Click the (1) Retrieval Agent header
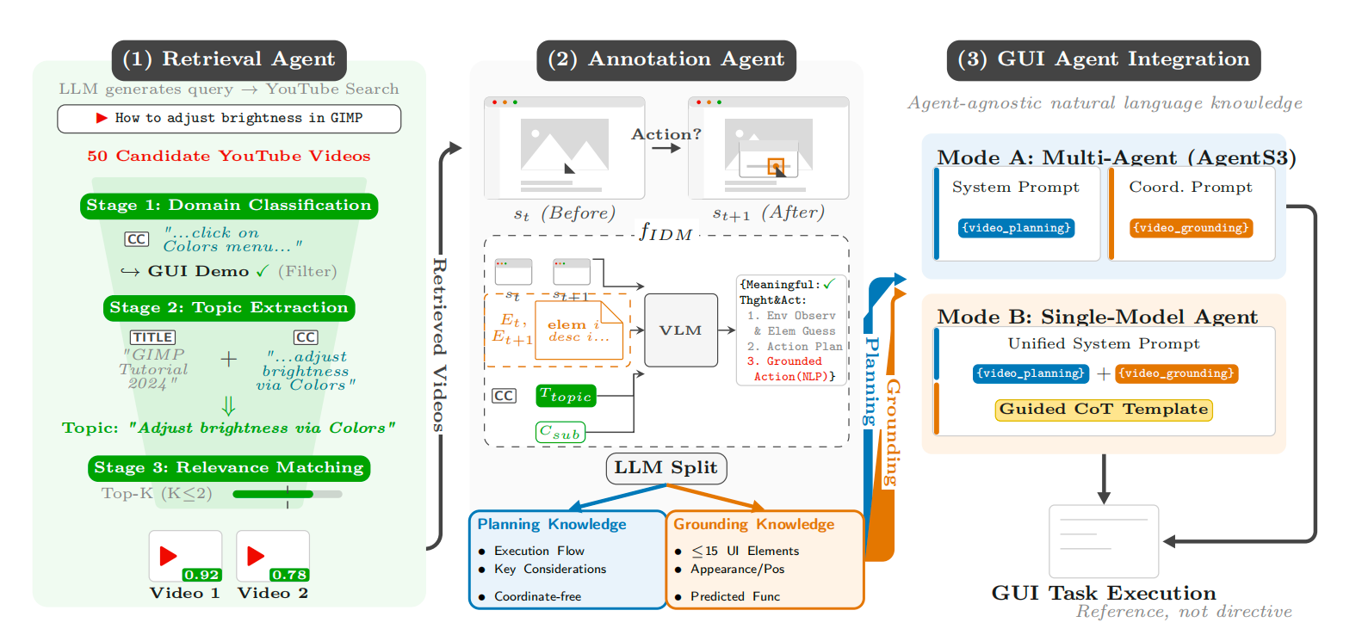pyautogui.click(x=228, y=59)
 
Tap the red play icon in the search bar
pyautogui.click(x=102, y=118)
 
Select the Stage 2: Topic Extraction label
pyautogui.click(x=229, y=308)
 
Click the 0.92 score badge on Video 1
pyautogui.click(x=201, y=575)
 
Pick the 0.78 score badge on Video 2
pyautogui.click(x=289, y=575)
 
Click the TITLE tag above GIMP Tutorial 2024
pyautogui.click(x=152, y=337)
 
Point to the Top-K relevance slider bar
pyautogui.click(x=287, y=494)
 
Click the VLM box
pyautogui.click(x=680, y=330)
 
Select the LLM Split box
pyautogui.click(x=666, y=468)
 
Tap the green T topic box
pyautogui.click(x=566, y=396)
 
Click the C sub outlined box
pyautogui.click(x=560, y=432)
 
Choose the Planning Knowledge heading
pyautogui.click(x=552, y=524)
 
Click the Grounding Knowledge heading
pyautogui.click(x=753, y=524)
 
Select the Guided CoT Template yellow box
pyautogui.click(x=1103, y=410)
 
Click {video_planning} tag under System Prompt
pyautogui.click(x=1016, y=228)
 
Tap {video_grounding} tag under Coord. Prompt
pyautogui.click(x=1191, y=228)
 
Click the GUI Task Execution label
pyautogui.click(x=1103, y=593)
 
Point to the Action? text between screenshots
pyautogui.click(x=666, y=134)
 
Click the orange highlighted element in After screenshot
pyautogui.click(x=775, y=165)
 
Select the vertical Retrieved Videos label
pyautogui.click(x=439, y=344)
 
